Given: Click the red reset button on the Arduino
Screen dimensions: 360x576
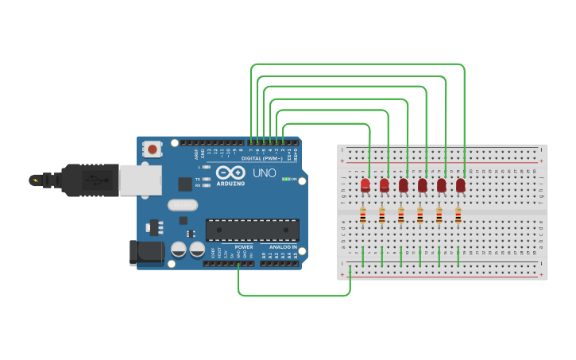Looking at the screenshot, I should click(x=152, y=149).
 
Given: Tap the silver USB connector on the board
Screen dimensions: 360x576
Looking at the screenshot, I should click(x=141, y=180).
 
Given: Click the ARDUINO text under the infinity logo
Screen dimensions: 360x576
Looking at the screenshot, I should click(x=230, y=184).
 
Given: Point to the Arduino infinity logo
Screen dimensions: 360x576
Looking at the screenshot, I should click(x=230, y=172).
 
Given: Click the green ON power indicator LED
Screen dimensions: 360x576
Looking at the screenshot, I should click(x=285, y=179).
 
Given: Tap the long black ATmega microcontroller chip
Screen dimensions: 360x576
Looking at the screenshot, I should click(x=253, y=230).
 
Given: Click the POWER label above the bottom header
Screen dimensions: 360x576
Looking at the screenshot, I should click(x=244, y=247).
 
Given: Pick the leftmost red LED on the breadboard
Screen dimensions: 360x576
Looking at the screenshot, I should click(x=365, y=185).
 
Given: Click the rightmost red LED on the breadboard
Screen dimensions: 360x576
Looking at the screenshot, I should click(x=461, y=185).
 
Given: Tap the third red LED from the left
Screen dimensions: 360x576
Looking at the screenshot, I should click(x=404, y=185).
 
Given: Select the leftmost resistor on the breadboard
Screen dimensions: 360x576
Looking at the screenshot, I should click(x=363, y=215).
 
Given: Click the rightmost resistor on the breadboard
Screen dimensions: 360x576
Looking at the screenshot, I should click(x=458, y=215).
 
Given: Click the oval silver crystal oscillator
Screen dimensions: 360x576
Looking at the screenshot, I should click(x=182, y=205).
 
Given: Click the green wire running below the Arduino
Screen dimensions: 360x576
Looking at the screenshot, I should click(x=294, y=296).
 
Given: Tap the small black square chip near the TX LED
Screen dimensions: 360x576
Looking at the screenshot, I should click(x=185, y=184).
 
